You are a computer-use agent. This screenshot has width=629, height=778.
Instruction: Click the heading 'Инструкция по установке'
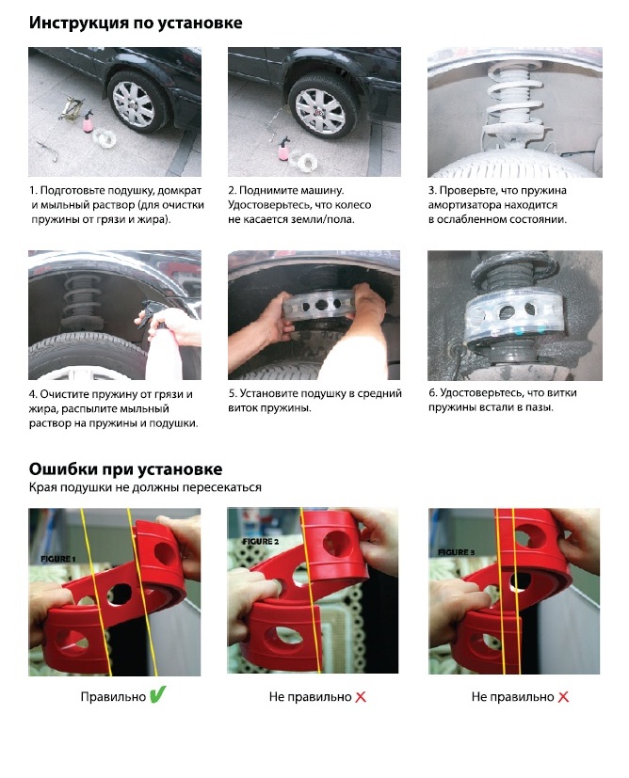click(x=136, y=24)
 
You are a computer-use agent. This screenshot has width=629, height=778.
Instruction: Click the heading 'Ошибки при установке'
click(x=125, y=468)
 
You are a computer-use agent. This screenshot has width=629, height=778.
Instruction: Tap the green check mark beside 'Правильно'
click(x=157, y=694)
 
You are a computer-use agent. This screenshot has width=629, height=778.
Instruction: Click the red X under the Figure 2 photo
click(x=361, y=697)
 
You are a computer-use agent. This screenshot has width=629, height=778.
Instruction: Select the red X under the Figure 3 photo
click(x=563, y=697)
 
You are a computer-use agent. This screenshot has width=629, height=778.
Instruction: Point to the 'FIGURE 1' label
click(x=58, y=559)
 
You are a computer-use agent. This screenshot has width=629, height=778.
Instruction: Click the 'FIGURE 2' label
click(x=261, y=541)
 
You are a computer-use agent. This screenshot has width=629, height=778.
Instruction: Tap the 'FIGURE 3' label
click(x=457, y=551)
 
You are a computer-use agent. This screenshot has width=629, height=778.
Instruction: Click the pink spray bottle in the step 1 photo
click(x=89, y=120)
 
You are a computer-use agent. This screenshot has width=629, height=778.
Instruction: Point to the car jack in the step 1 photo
click(x=70, y=109)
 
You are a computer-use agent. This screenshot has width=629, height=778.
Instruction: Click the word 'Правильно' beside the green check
click(x=113, y=697)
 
